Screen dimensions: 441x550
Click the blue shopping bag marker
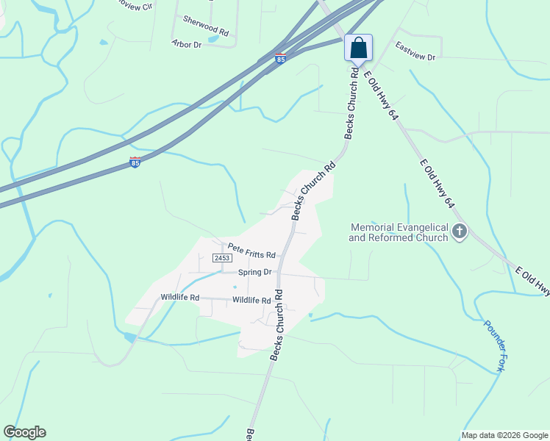358,48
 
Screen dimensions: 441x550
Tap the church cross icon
460,232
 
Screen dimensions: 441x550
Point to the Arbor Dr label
186,45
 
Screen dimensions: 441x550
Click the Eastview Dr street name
415,51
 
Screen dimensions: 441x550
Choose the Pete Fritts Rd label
251,251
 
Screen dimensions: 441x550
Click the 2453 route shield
222,258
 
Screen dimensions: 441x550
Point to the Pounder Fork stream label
492,345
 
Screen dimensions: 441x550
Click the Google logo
24,432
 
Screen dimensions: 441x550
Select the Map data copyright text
504,435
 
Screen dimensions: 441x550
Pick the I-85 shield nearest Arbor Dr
280,58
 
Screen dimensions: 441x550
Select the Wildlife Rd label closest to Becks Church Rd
252,300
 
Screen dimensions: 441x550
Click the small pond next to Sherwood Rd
213,39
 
